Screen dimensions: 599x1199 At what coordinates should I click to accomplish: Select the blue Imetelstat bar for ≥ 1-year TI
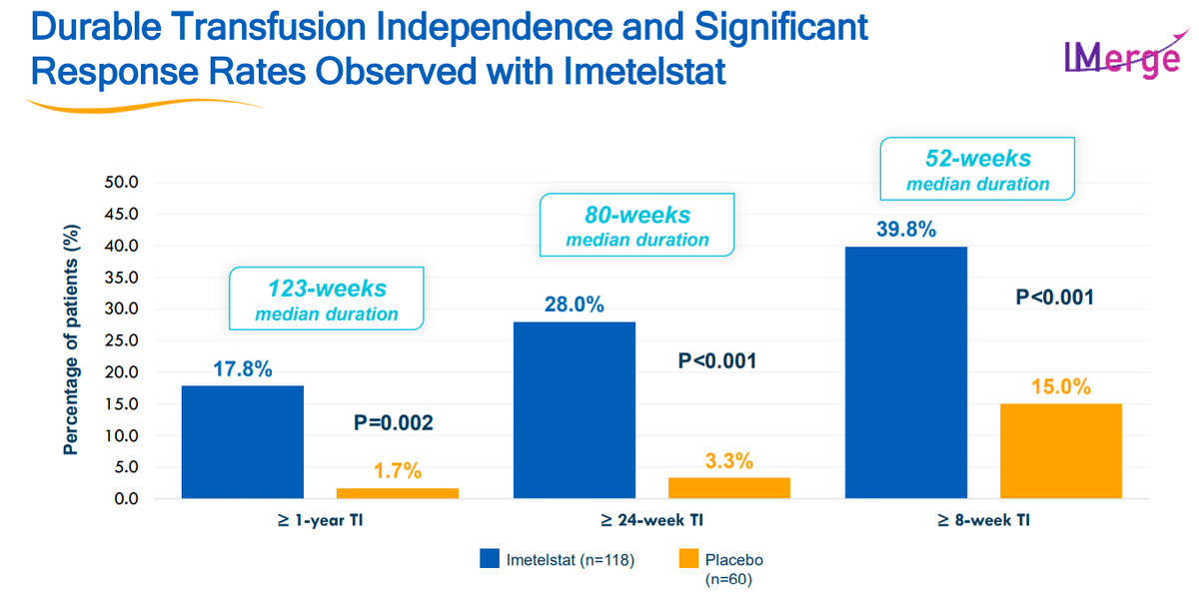click(x=243, y=442)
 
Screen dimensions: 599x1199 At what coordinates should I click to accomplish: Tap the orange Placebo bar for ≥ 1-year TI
click(x=398, y=493)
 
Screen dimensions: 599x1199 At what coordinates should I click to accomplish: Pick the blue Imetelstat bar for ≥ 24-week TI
click(x=575, y=410)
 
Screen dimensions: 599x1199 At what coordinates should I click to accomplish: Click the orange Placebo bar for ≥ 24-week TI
click(x=728, y=488)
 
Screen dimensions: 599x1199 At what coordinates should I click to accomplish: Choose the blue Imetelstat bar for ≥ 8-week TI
click(x=906, y=372)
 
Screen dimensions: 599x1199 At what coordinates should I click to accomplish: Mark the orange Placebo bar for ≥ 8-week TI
click(x=1061, y=451)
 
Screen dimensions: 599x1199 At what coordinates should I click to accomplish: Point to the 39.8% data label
click(x=906, y=230)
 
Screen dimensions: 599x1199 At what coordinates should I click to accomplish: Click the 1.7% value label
click(x=398, y=469)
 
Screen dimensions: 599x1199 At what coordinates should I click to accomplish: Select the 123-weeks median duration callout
click(x=326, y=299)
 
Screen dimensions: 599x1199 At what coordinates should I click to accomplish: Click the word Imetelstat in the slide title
click(x=618, y=71)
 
